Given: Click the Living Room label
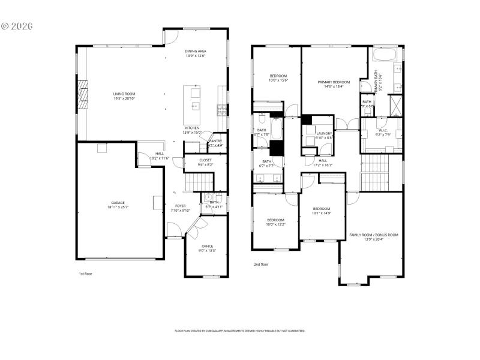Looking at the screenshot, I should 124,94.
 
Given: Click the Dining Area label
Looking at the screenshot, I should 195,52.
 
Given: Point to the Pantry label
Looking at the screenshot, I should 215,141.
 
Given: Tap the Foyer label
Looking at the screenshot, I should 176,206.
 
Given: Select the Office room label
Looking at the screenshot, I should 207,246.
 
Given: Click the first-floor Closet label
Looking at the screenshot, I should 206,160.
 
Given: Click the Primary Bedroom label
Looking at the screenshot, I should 333,82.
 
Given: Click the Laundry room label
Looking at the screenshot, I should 324,133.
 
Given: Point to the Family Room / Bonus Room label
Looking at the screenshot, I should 374,235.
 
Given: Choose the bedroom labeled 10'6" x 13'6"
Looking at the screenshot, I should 278,76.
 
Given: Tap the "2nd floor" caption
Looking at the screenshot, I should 260,264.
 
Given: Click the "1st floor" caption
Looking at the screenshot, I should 85,274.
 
